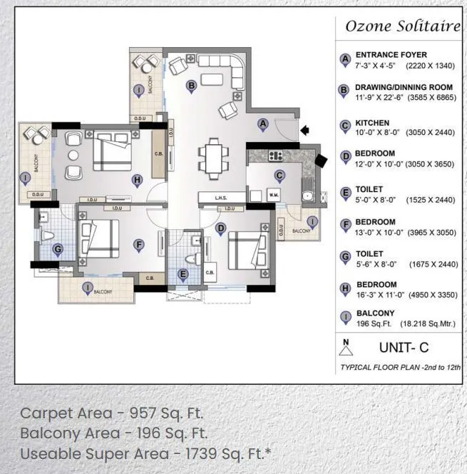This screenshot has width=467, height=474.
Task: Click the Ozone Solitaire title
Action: pyautogui.click(x=402, y=26)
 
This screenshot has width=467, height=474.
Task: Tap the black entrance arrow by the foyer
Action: pyautogui.click(x=305, y=130)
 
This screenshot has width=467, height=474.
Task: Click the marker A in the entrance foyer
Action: pyautogui.click(x=262, y=124)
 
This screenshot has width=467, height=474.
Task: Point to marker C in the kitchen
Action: pyautogui.click(x=279, y=176)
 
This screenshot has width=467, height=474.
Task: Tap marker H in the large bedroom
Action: pyautogui.click(x=137, y=180)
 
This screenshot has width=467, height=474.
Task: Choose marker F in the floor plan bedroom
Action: pyautogui.click(x=139, y=245)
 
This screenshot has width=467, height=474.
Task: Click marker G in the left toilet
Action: pyautogui.click(x=58, y=249)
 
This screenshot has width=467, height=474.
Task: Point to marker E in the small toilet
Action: pyautogui.click(x=183, y=273)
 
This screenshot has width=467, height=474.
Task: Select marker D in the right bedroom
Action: pyautogui.click(x=220, y=229)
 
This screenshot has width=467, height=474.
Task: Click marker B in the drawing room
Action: pyautogui.click(x=190, y=86)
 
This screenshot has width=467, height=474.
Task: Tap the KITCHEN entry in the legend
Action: pyautogui.click(x=372, y=123)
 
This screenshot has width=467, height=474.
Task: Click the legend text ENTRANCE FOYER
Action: pyautogui.click(x=391, y=55)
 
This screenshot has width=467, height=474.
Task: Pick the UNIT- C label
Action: pyautogui.click(x=403, y=348)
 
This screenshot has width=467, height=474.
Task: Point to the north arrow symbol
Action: pyautogui.click(x=347, y=348)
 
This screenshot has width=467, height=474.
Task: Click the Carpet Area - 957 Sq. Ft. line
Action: pyautogui.click(x=112, y=413)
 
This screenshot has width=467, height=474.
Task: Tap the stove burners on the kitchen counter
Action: pyautogui.click(x=276, y=155)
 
